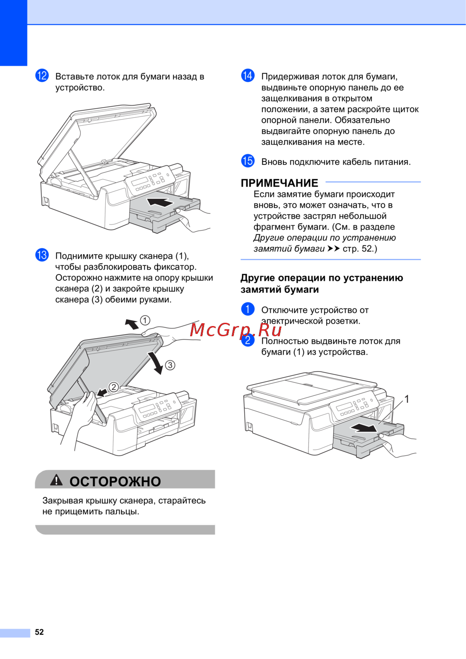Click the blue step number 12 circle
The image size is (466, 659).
pos(42,75)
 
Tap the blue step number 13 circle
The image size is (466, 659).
pos(42,255)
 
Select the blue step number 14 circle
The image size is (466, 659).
pos(247,75)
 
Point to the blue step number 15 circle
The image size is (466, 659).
pos(247,161)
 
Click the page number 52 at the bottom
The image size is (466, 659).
pos(39,632)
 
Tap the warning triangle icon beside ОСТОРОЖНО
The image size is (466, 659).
pos(56,481)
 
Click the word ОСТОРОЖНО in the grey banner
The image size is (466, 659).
pos(115,482)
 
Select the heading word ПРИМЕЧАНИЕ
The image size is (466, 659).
pos(279,183)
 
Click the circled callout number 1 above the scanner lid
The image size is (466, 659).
pos(145,320)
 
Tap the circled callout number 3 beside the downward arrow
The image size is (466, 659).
pos(170,365)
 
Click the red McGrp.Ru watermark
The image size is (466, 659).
pos(236,330)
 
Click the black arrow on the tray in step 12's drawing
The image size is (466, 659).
pos(160,202)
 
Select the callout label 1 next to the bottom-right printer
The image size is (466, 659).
pos(406,399)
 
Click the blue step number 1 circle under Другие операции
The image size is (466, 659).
pos(247,309)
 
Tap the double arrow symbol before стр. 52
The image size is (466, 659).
pos(334,249)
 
